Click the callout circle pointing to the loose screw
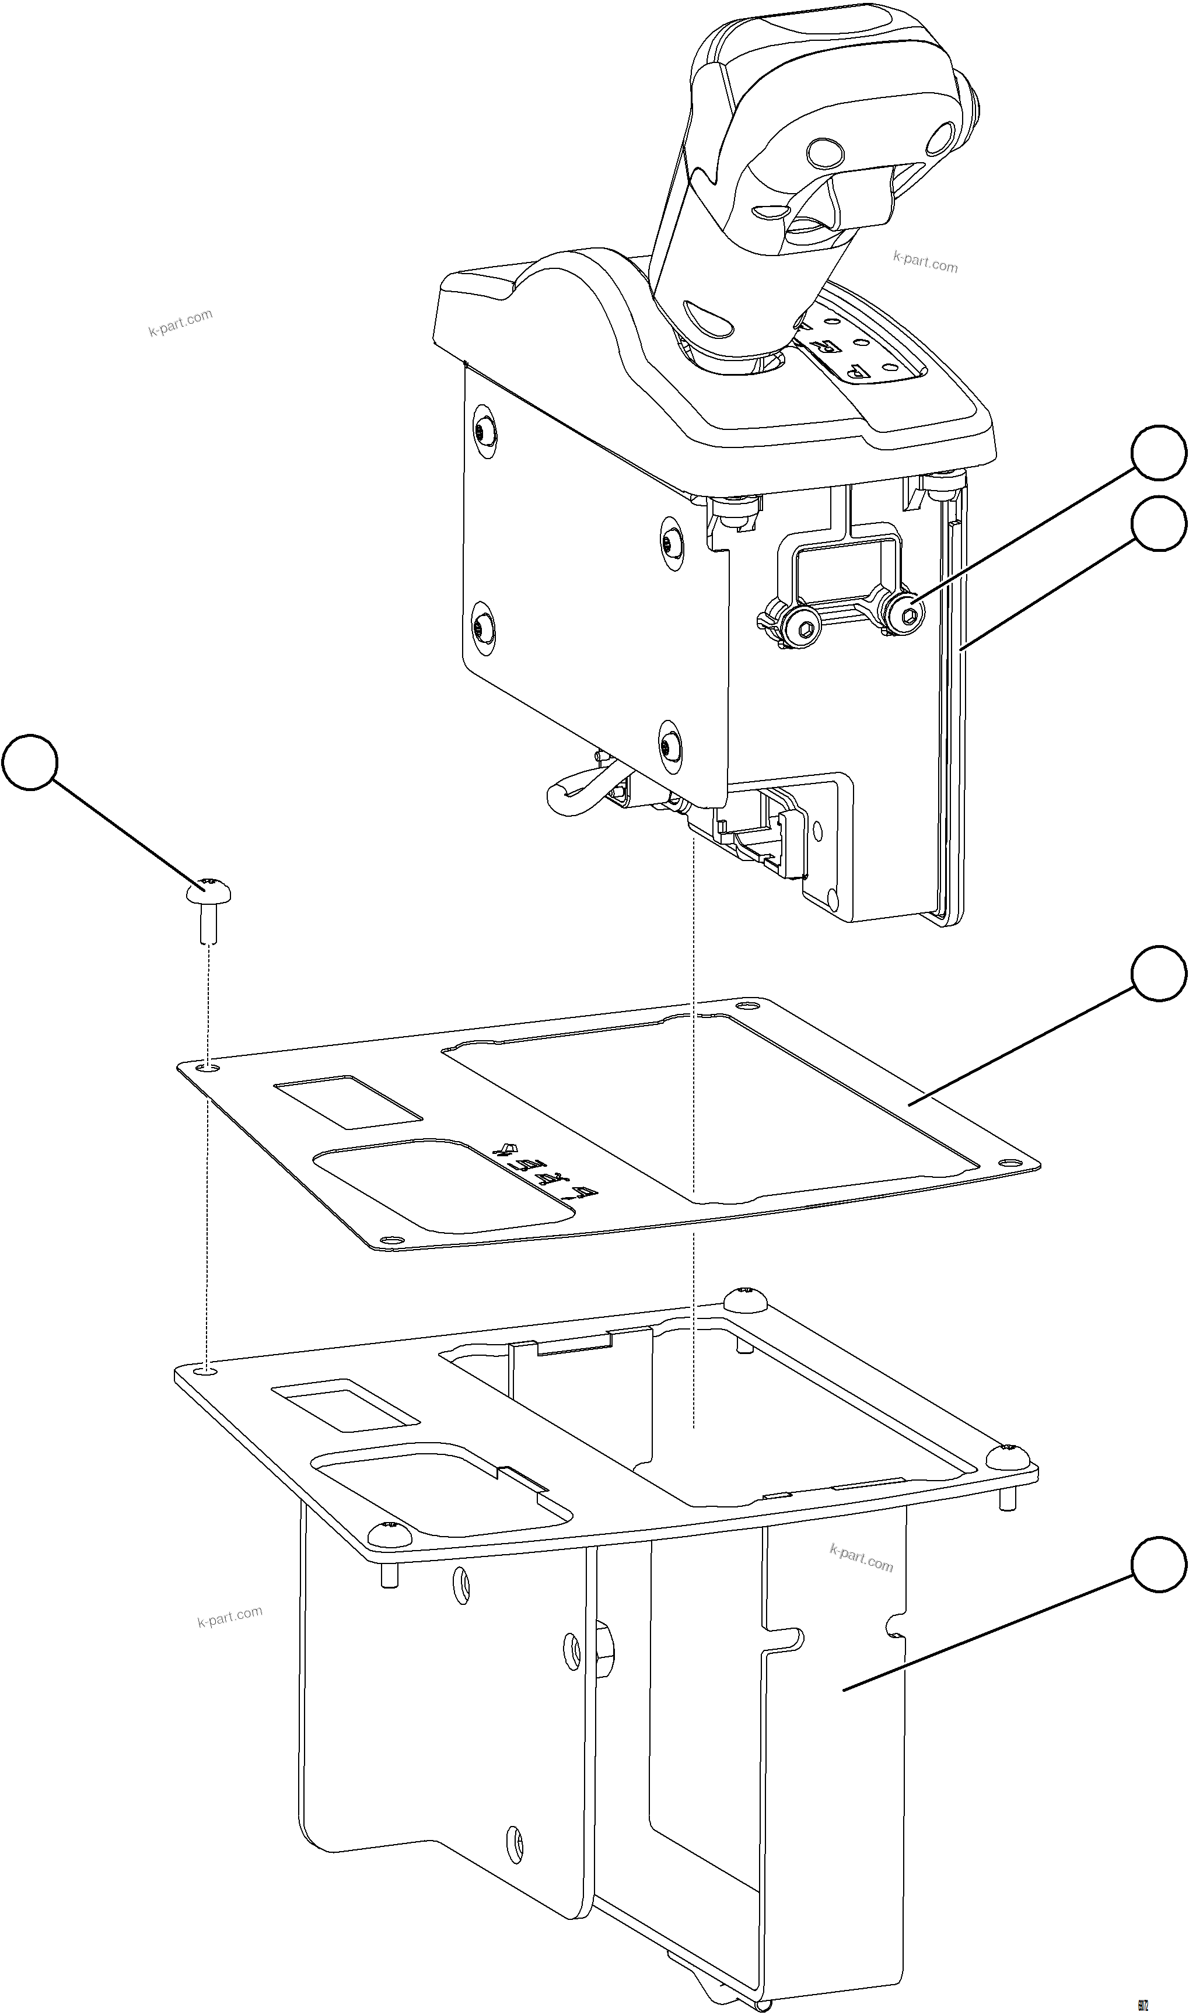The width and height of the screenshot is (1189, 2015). pos(30,762)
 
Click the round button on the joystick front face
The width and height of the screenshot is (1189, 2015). pos(824,152)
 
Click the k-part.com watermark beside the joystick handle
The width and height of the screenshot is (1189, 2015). pos(925,262)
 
